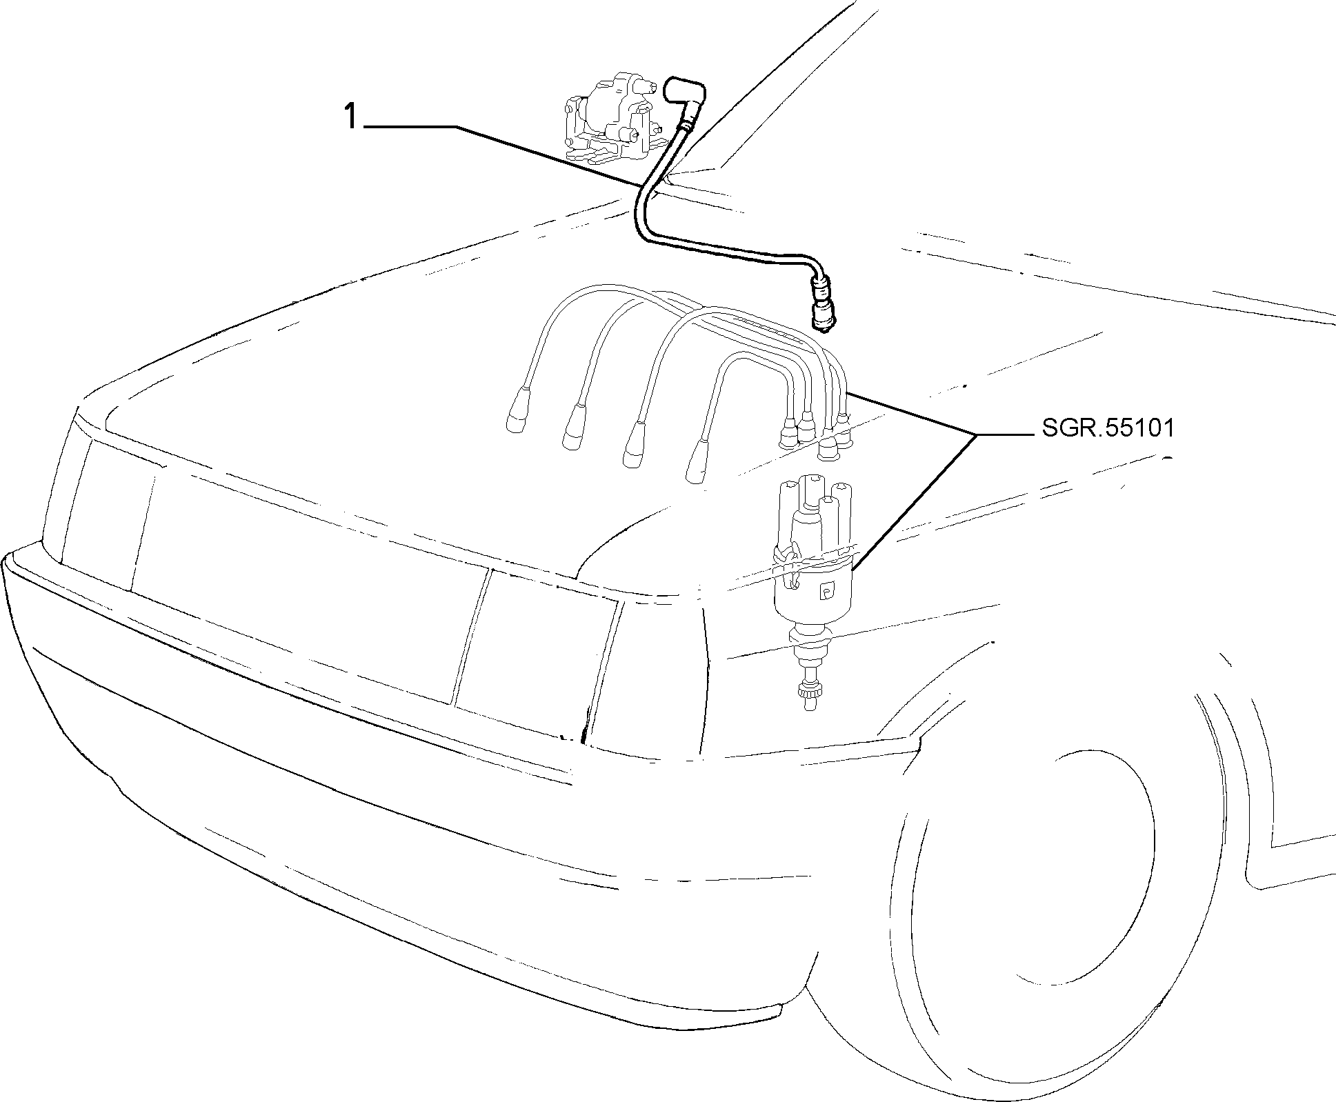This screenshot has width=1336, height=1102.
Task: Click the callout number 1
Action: [352, 117]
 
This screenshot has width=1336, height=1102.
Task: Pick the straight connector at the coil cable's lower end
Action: [823, 303]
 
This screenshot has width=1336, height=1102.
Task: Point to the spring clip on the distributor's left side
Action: [787, 567]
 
